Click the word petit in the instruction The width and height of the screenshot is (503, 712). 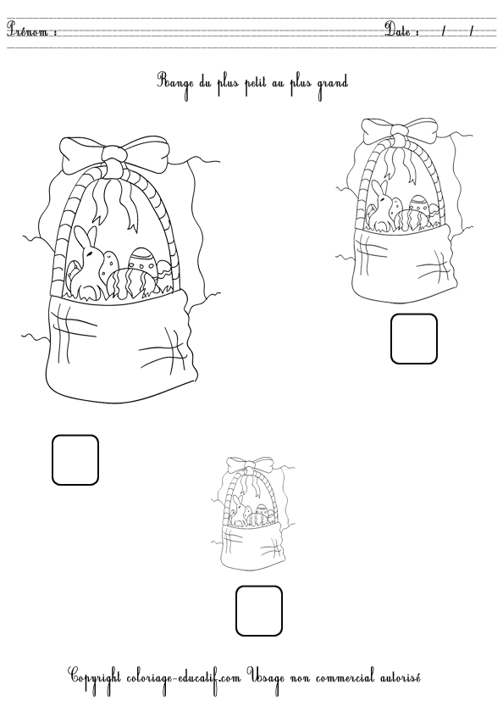[x=257, y=82]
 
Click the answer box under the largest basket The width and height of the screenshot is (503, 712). [x=75, y=460]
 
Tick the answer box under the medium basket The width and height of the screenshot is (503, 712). [x=414, y=339]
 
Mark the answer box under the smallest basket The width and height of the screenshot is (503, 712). [x=259, y=611]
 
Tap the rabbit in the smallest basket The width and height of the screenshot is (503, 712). [x=240, y=512]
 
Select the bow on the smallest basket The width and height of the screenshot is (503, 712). [x=251, y=467]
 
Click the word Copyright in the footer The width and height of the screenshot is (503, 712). [x=95, y=677]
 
